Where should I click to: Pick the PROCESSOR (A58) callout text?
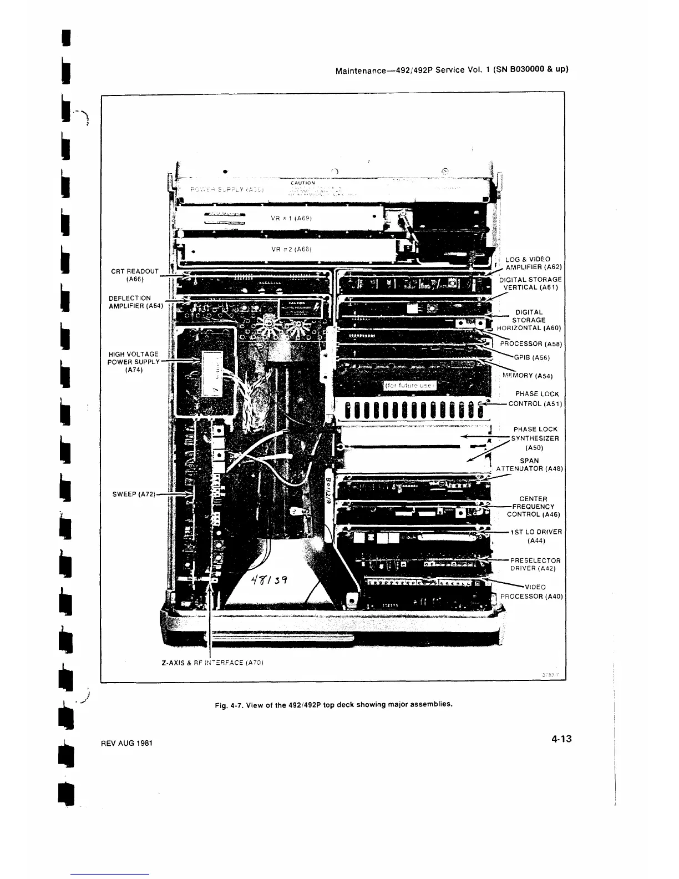coord(531,344)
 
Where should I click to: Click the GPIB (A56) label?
coord(532,358)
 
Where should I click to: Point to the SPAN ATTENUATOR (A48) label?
coord(529,464)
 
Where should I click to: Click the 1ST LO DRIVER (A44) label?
coord(536,536)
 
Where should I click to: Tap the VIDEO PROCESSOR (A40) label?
coord(531,592)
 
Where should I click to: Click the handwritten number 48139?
coord(269,581)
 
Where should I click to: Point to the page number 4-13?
coord(561,739)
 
